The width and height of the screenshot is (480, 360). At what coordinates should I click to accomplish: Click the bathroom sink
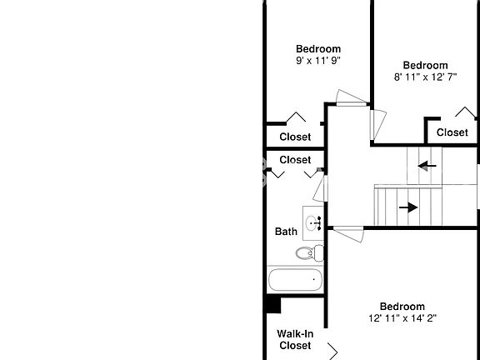pos(313,222)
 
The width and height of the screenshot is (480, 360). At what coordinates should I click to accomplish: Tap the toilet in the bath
pos(310,253)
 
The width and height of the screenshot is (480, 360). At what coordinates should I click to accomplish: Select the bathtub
pos(295,280)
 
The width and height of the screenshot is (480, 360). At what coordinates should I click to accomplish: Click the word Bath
pos(286,232)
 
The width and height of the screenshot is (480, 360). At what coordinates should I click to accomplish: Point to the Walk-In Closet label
pos(295,339)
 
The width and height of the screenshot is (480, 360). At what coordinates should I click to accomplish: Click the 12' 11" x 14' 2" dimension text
pos(402,318)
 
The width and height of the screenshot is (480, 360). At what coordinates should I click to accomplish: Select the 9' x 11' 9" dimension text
pos(318,61)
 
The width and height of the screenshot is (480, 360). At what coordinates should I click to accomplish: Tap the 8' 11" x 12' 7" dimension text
pos(425,77)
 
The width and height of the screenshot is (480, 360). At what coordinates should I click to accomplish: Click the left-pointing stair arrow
pos(427,166)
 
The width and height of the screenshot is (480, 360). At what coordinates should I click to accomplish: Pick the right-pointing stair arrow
pos(408,207)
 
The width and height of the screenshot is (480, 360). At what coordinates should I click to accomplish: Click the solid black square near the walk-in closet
pos(273,305)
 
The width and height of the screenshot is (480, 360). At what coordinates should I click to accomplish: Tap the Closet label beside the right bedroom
pos(452,132)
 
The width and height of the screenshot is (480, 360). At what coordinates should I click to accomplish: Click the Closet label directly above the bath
pos(295,160)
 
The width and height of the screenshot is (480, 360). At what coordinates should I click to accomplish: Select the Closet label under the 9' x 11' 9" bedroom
pos(295,137)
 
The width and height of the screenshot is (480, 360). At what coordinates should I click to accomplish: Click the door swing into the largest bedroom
pos(348,234)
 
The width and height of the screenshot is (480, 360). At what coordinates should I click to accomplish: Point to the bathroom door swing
pos(320,188)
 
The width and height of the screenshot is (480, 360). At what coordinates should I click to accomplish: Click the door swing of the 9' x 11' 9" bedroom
pos(352,98)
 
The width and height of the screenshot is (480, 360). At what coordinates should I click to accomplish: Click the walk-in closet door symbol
pos(332,352)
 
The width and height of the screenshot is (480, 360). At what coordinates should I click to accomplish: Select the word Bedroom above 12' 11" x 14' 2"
pos(402,307)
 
